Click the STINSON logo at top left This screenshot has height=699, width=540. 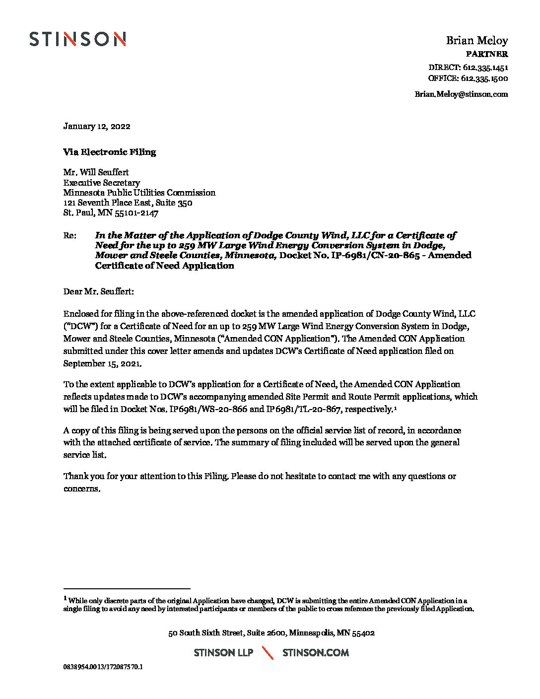77,39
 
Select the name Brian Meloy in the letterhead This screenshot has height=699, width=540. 476,41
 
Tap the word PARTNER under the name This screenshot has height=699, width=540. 486,54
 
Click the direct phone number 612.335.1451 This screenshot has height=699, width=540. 485,68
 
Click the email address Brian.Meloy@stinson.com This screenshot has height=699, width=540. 461,94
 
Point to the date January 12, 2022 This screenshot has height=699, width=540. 97,126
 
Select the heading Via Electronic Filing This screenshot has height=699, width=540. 109,152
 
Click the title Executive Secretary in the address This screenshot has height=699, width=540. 101,183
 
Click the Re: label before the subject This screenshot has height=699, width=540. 69,235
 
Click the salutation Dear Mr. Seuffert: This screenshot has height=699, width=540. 98,291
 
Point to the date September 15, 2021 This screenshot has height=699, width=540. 102,363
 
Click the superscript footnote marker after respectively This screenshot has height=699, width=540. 395,408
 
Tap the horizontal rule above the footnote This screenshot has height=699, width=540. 127,588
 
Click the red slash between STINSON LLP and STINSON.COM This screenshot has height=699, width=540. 268,652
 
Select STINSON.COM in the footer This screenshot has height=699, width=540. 315,652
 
